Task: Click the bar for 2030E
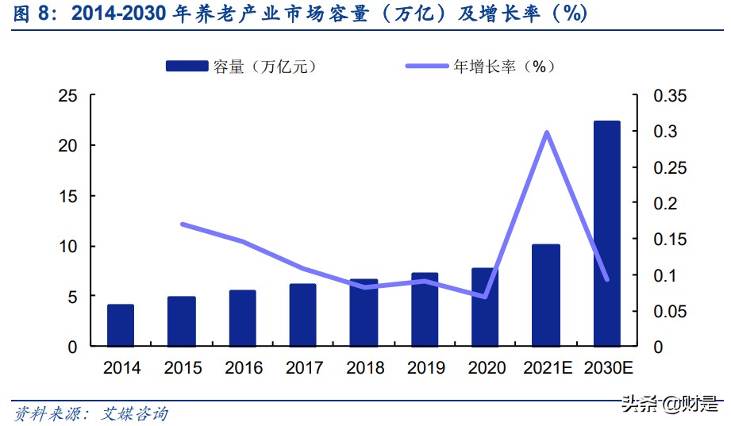(x=606, y=234)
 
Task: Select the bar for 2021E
(x=546, y=295)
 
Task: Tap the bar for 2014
(x=121, y=325)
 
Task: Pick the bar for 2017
(x=303, y=315)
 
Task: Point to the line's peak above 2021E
(x=546, y=132)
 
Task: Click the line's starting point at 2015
(x=182, y=225)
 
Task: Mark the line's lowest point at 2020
(x=485, y=297)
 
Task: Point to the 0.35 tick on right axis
(x=671, y=95)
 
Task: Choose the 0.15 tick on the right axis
(x=671, y=239)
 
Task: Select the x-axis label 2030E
(x=608, y=368)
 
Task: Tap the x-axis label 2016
(x=244, y=368)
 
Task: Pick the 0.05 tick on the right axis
(x=671, y=311)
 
